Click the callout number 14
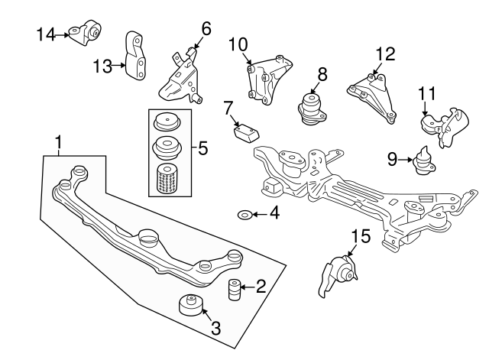pos(45,34)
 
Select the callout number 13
pos(103,66)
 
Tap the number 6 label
pos(206,30)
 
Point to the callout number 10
pos(238,44)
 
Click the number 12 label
pos(386,54)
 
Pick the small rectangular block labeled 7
pos(245,134)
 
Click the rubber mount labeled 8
pos(312,107)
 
